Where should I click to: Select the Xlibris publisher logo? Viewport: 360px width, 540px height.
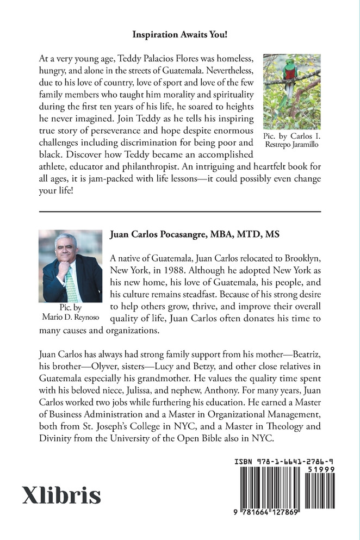[x=61, y=495]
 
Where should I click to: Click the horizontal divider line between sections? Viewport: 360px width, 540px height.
[x=180, y=210]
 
